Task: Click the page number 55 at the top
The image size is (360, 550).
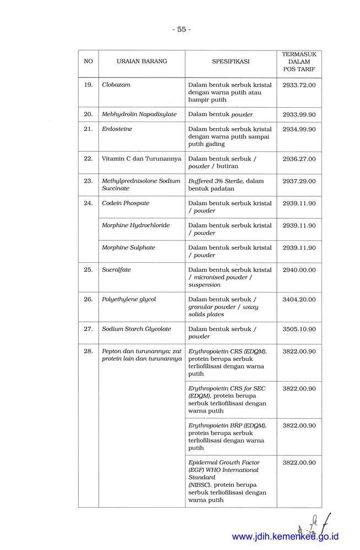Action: point(181,30)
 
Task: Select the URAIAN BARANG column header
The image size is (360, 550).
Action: point(141,62)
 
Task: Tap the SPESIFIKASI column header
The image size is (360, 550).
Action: point(231,62)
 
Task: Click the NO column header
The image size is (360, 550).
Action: point(88,62)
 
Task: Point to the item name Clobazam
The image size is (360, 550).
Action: point(116,85)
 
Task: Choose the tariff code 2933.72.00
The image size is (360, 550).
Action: point(299,85)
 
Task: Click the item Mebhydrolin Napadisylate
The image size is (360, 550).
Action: point(139,114)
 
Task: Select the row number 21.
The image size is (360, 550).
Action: point(88,129)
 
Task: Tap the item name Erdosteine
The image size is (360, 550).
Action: point(117,129)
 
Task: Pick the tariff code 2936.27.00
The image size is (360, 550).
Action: point(299,158)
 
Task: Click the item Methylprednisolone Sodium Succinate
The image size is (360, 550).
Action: point(141,184)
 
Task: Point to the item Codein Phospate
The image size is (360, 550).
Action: point(126,203)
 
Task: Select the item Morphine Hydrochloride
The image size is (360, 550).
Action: point(136,225)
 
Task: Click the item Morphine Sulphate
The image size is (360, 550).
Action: point(129,247)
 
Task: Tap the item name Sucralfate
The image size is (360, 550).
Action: point(116,269)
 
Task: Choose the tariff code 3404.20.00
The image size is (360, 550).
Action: point(299,299)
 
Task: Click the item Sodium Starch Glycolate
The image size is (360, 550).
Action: point(137,329)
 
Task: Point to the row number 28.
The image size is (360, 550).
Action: point(88,351)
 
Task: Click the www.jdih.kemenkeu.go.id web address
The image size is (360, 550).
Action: point(285,537)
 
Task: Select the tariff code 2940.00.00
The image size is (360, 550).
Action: point(299,269)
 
